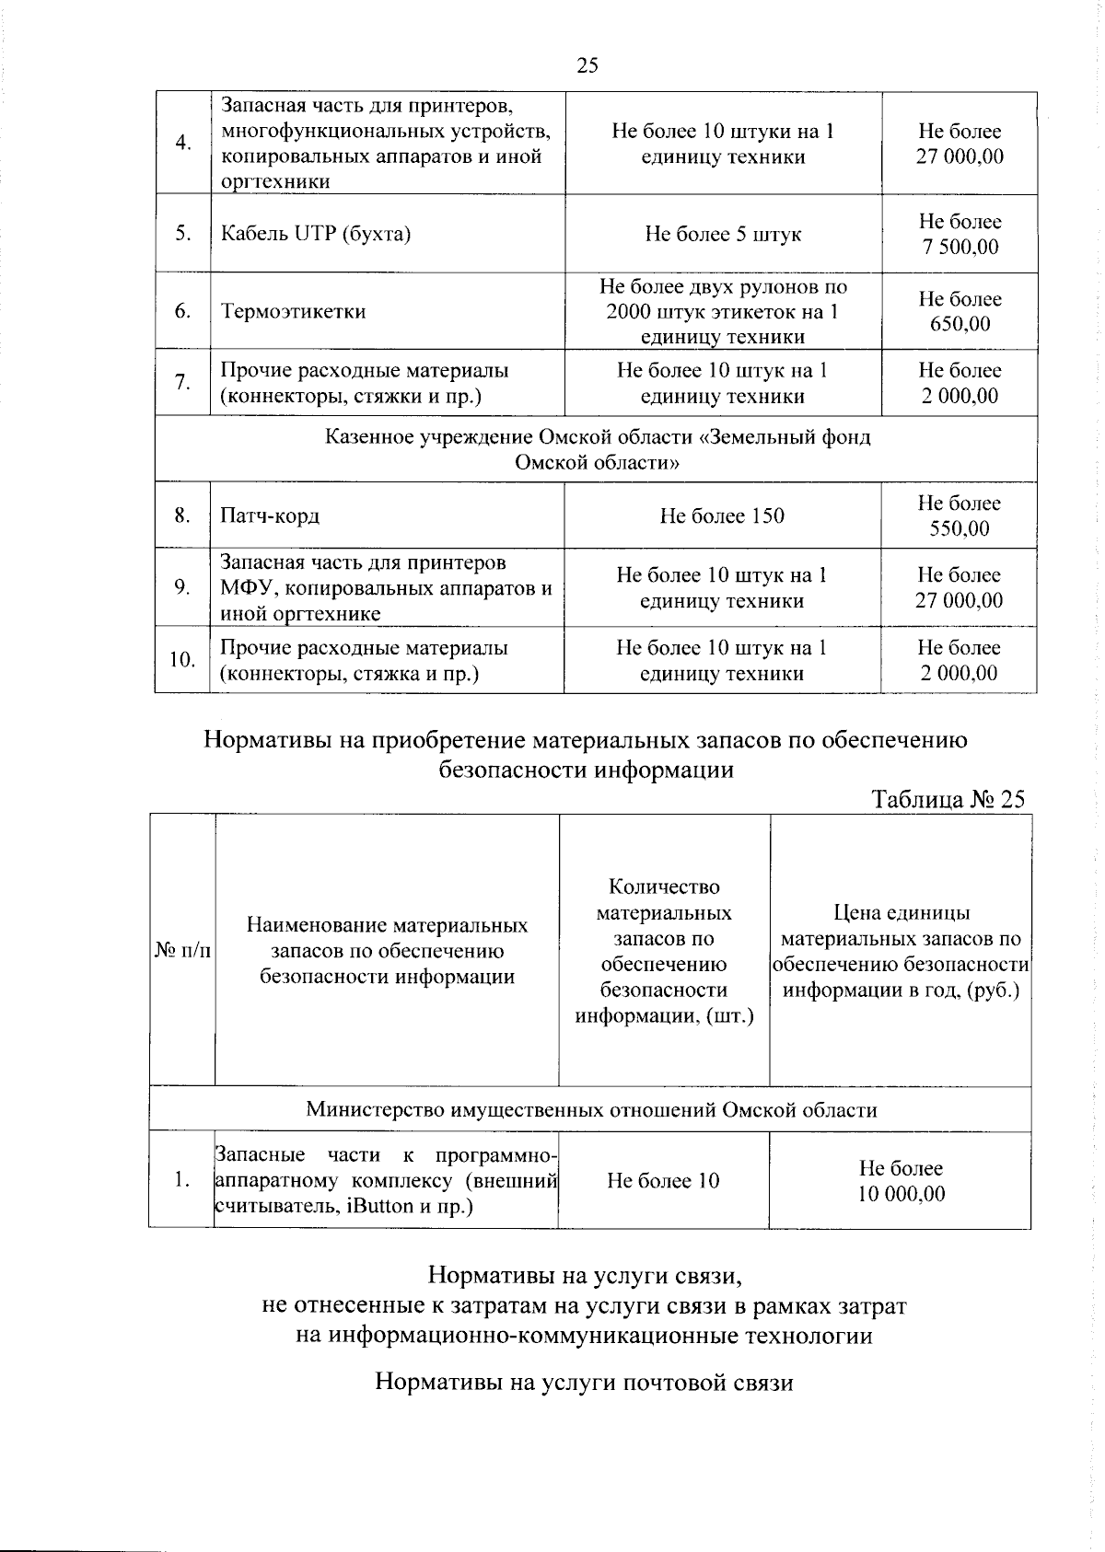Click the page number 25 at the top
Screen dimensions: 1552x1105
(x=587, y=64)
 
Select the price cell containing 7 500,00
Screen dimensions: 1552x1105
(x=960, y=234)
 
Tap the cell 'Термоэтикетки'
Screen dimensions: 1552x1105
(x=293, y=311)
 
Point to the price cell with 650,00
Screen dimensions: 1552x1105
(x=960, y=311)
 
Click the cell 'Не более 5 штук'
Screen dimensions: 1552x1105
(x=723, y=234)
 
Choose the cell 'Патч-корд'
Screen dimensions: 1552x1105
(x=270, y=515)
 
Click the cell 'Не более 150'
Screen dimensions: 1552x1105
(x=722, y=515)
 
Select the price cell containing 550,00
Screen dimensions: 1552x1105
(x=959, y=515)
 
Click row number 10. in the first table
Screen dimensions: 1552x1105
(x=182, y=660)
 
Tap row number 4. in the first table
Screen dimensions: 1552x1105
(x=183, y=143)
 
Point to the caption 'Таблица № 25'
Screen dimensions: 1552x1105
(x=948, y=799)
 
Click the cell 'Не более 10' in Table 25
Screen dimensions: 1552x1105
(x=663, y=1181)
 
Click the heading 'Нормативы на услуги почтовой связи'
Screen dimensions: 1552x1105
(x=584, y=1383)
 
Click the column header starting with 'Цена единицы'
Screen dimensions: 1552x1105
(x=901, y=951)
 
